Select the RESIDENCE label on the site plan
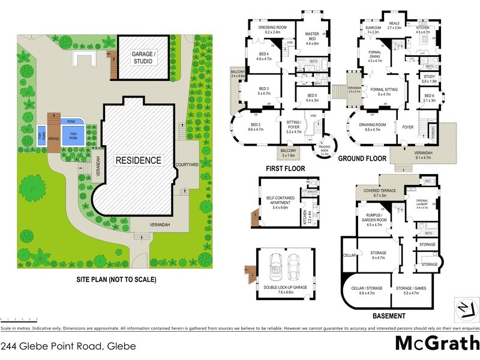pos(139,160)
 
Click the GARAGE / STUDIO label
pos(142,57)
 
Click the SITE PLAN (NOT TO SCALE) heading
pos(116,280)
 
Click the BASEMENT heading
pos(389,316)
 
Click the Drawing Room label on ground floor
pos(372,127)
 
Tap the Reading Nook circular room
pos(325,147)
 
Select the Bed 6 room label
pos(428,98)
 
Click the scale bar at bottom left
pos(20,320)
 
